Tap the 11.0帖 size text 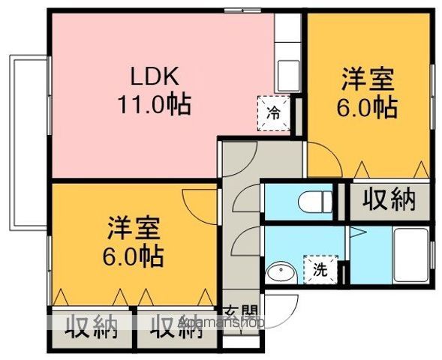(153, 103)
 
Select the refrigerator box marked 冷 (274, 113)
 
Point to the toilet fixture (311, 202)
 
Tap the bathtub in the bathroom (410, 256)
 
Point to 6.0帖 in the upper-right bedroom (366, 107)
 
